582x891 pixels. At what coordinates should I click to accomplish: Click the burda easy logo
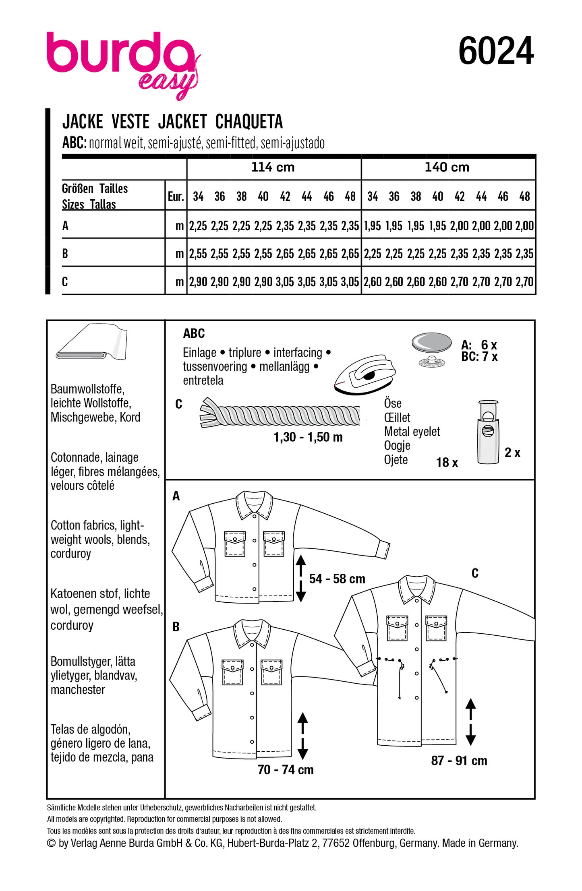click(121, 62)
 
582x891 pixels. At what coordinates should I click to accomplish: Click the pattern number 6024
click(495, 51)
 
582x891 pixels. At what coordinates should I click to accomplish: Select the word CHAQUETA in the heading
click(249, 122)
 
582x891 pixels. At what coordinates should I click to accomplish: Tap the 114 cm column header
click(273, 167)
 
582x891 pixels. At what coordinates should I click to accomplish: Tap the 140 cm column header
click(447, 167)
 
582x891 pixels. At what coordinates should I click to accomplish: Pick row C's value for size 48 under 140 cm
click(524, 281)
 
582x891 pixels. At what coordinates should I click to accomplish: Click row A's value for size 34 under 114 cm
click(198, 226)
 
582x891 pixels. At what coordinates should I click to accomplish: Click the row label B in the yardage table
click(65, 254)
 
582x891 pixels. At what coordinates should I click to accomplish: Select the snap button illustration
click(432, 348)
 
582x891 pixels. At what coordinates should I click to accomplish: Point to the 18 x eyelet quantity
click(447, 462)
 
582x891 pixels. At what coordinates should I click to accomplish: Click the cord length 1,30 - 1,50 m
click(308, 437)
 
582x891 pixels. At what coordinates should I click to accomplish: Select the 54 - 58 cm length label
click(337, 579)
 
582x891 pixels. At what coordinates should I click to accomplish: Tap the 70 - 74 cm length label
click(285, 769)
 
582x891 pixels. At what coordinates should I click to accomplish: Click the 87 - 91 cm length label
click(459, 760)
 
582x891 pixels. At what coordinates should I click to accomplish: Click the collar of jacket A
click(254, 504)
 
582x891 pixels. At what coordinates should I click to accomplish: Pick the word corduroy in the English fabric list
click(71, 554)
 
